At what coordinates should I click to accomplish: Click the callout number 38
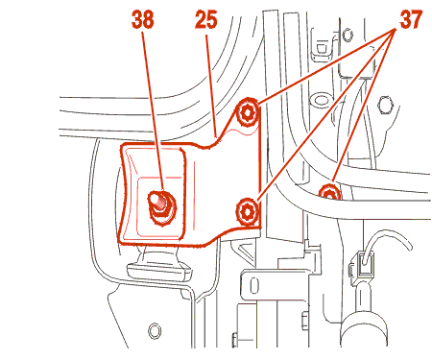[x=142, y=20]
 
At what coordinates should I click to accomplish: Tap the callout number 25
[x=206, y=20]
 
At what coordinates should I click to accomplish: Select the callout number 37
[x=411, y=20]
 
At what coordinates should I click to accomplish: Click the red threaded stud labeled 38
[x=161, y=207]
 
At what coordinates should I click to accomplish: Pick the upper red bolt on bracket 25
[x=248, y=112]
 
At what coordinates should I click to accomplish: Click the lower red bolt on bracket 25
[x=247, y=211]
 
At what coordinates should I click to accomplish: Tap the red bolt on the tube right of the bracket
[x=329, y=193]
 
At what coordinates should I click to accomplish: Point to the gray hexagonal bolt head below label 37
[x=386, y=105]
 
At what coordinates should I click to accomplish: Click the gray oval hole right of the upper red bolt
[x=321, y=100]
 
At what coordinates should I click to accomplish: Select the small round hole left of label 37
[x=348, y=35]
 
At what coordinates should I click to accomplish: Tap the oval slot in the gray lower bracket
[x=253, y=285]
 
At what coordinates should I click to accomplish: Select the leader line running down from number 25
[x=212, y=85]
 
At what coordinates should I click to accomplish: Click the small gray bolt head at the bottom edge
[x=234, y=340]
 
